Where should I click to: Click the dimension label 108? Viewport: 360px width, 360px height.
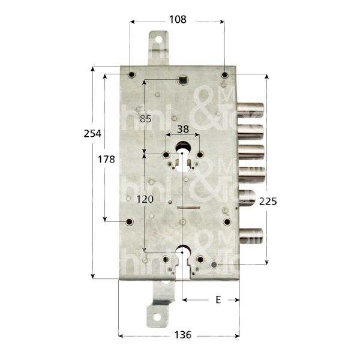tap(178, 19)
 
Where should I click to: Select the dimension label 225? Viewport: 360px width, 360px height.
tap(267, 202)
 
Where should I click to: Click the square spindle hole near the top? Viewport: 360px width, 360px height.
tap(182, 78)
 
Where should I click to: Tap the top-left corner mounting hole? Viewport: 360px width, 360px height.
tap(132, 75)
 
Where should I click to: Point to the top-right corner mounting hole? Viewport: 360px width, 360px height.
tap(224, 75)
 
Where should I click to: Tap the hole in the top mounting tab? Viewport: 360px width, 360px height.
tap(159, 41)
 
